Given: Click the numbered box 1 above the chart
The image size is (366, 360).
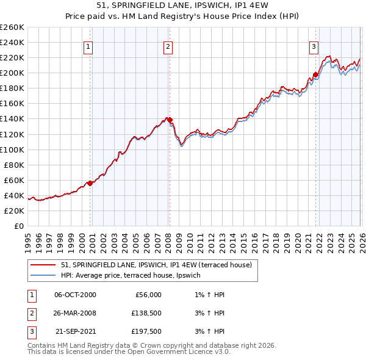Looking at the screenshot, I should [x=88, y=46].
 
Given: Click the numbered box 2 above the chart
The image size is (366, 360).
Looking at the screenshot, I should [x=168, y=46].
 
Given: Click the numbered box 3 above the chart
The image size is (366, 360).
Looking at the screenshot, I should [x=314, y=46].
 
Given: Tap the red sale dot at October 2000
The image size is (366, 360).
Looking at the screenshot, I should [x=90, y=182].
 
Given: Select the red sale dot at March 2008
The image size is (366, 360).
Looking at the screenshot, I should [x=170, y=120].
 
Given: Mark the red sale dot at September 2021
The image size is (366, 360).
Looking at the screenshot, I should [x=315, y=75].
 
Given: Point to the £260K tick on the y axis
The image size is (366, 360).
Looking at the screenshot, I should [x=12, y=27].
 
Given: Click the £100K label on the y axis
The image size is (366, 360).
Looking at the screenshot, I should [x=12, y=149].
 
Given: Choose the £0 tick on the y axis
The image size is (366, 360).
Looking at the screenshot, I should [x=18, y=226].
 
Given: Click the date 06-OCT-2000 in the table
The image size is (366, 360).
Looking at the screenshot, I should [x=75, y=295].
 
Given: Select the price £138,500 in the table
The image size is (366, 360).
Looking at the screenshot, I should [x=145, y=314].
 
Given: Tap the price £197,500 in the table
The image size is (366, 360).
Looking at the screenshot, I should [x=145, y=333].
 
